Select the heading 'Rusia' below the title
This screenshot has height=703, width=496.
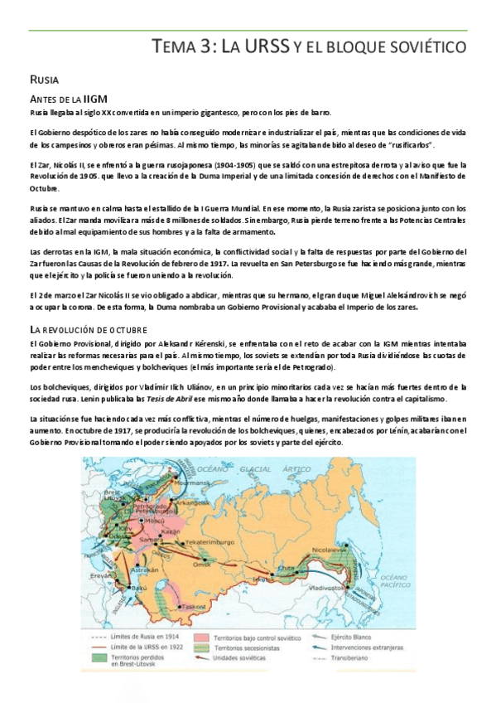point(43,80)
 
